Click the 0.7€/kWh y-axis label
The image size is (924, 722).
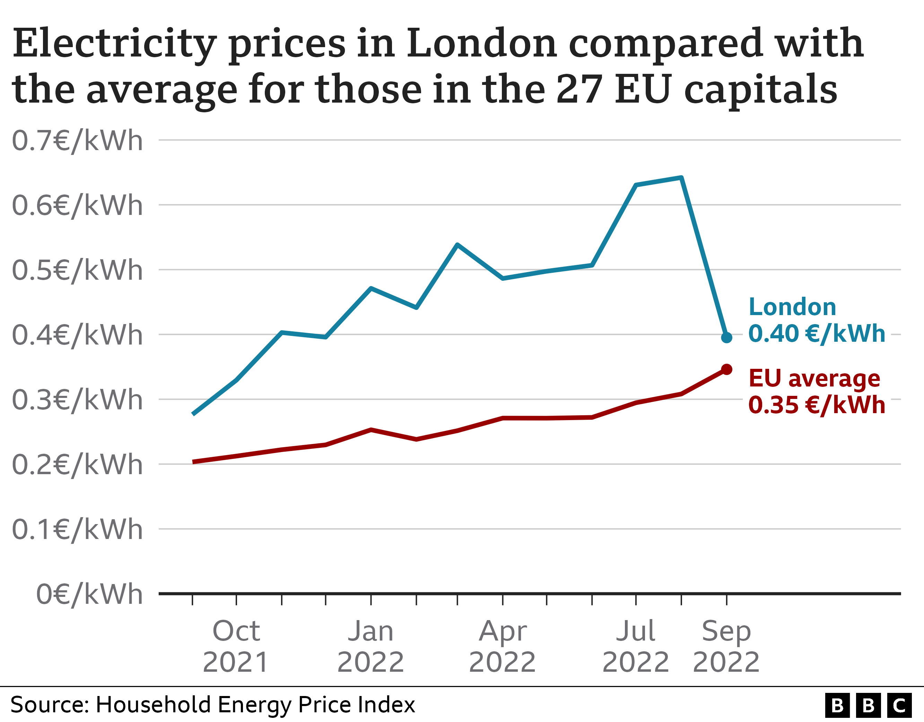click(x=77, y=141)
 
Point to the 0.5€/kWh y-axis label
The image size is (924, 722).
click(x=77, y=270)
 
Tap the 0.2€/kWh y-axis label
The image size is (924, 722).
click(x=77, y=465)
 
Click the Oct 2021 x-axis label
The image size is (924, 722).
click(x=236, y=646)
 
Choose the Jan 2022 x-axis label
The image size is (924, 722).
click(x=371, y=646)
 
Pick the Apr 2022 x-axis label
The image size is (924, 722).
click(x=503, y=646)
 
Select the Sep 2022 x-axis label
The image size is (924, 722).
click(x=726, y=646)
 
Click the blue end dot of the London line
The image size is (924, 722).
click(x=726, y=338)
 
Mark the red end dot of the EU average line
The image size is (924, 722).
click(x=726, y=369)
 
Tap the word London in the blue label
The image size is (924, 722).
click(x=792, y=307)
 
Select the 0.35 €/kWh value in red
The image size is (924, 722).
click(x=817, y=405)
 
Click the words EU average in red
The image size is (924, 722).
click(x=814, y=379)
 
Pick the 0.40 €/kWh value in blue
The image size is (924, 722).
click(x=817, y=334)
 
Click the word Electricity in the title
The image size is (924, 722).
click(x=114, y=44)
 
